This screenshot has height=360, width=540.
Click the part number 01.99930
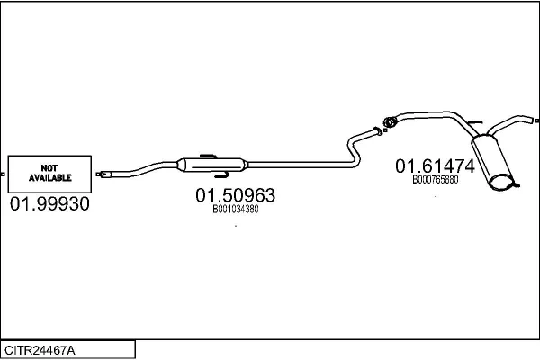click(x=49, y=204)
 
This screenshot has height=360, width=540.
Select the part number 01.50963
click(x=236, y=195)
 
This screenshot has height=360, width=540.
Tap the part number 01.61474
click(x=436, y=166)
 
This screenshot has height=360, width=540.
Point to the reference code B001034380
click(x=236, y=210)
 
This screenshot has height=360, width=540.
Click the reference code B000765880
click(x=436, y=180)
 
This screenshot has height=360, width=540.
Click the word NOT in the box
click(x=49, y=168)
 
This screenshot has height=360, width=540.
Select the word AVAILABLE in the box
click(x=49, y=178)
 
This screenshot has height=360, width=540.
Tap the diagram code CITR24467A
click(x=40, y=351)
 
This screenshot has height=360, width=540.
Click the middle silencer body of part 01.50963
click(x=212, y=165)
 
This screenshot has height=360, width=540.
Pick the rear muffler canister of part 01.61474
click(x=492, y=162)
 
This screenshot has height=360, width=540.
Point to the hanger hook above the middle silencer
click(x=208, y=157)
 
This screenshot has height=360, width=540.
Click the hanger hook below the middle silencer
click(x=221, y=175)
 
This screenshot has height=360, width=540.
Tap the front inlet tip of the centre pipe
click(x=103, y=175)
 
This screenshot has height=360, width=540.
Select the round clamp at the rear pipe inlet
click(x=390, y=121)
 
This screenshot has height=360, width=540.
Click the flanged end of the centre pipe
click(x=378, y=131)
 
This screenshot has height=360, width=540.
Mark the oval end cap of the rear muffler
click(x=501, y=183)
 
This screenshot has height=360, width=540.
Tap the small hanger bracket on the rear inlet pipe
click(x=474, y=122)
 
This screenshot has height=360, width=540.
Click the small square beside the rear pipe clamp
click(x=385, y=130)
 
